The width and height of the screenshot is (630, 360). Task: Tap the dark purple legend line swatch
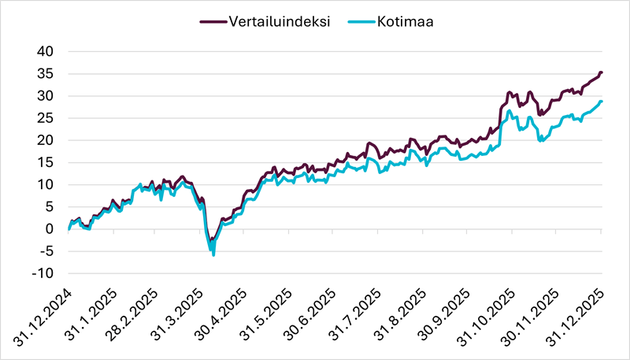209,22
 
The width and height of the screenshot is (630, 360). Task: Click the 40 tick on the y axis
45,51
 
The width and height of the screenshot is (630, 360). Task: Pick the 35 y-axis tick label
45,74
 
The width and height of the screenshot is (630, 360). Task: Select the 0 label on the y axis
49,229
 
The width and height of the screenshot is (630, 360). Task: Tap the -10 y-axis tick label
42,274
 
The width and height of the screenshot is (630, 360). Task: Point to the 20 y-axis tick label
45,140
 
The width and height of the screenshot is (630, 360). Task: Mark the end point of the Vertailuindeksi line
601,72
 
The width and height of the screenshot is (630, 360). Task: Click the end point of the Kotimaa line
601,101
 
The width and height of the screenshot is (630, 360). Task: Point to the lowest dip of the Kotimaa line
213,254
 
